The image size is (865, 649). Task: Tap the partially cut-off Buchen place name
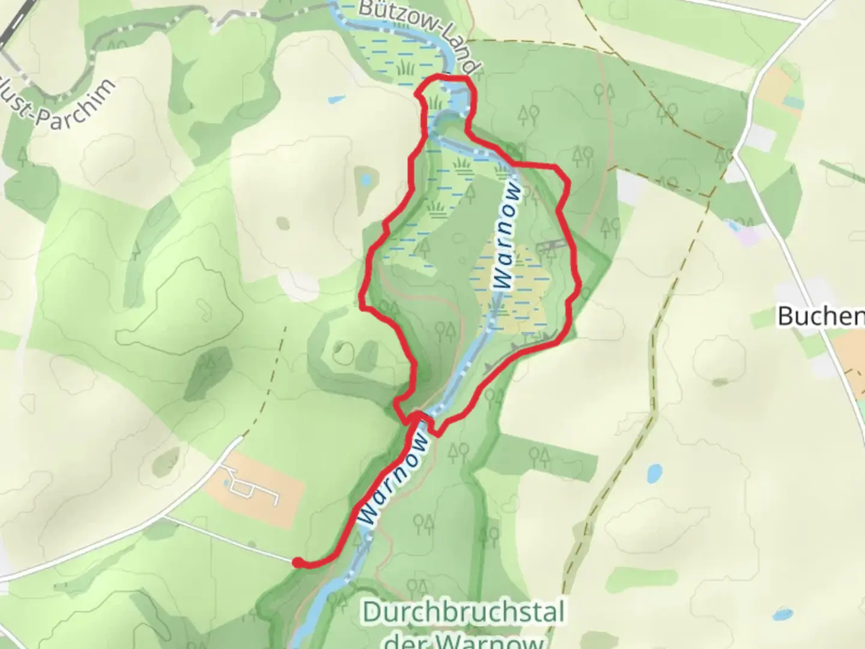tap(821, 315)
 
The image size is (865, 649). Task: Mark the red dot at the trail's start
tap(297, 562)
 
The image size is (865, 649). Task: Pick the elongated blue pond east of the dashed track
tap(654, 474)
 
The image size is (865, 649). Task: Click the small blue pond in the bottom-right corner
tap(781, 615)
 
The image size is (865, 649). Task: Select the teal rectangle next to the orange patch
tap(793, 103)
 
